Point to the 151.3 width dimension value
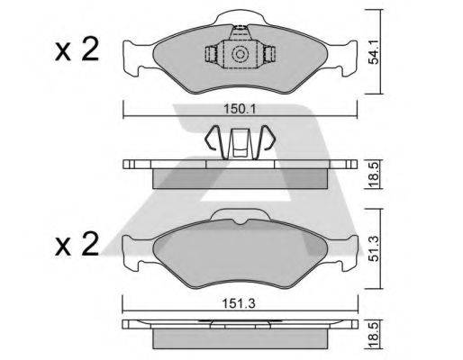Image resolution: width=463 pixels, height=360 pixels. tap(239, 302)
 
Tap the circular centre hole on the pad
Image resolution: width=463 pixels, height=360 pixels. tap(241, 56)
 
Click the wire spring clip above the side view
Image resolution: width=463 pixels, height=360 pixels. tap(240, 142)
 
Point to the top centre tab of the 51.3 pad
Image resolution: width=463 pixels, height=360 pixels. tap(240, 217)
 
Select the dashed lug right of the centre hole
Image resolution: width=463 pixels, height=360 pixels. tap(268, 56)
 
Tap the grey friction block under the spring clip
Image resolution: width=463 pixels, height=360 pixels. tap(241, 178)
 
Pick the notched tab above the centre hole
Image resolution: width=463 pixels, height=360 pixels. tap(241, 32)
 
